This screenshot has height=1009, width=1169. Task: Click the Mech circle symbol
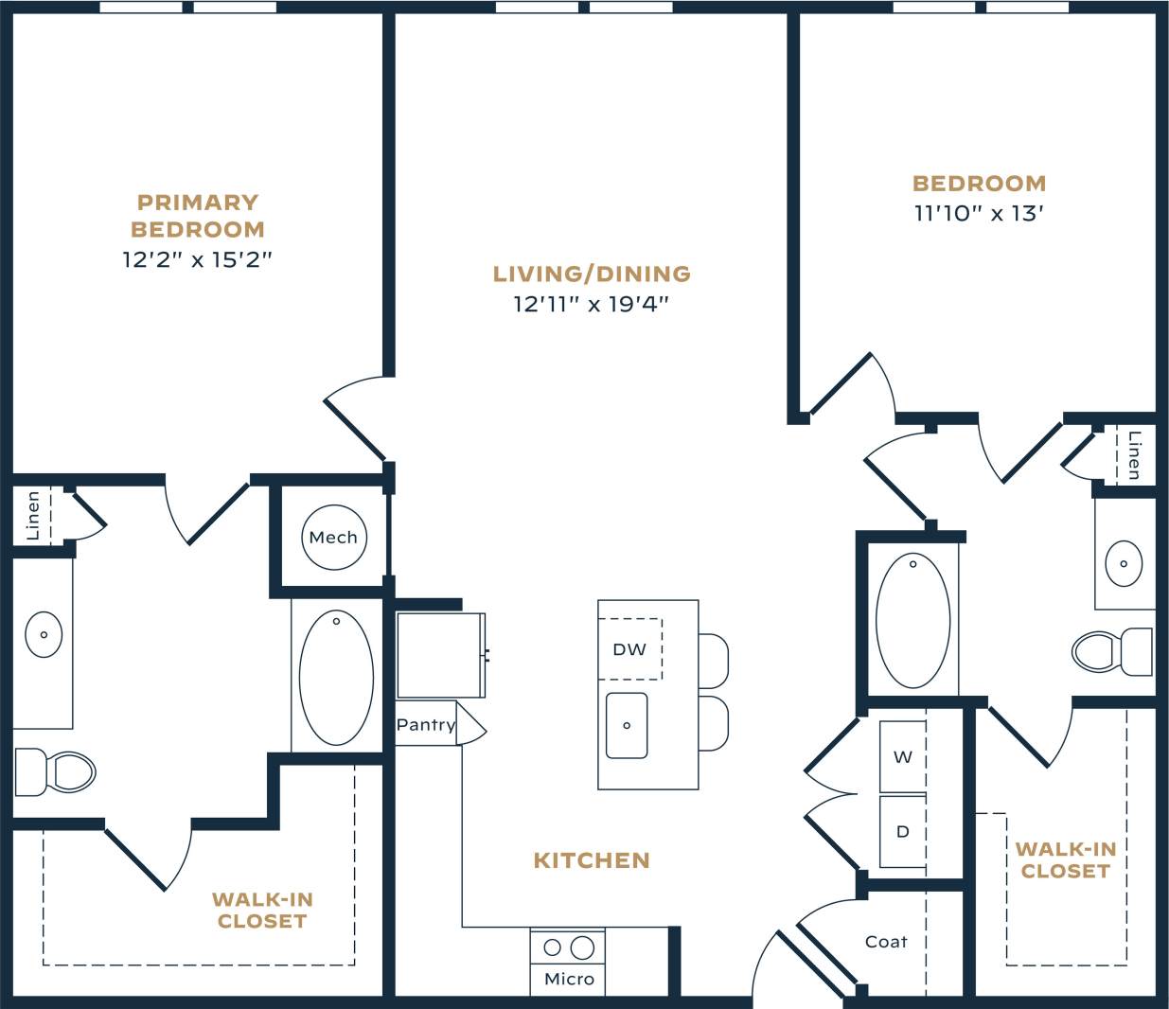[x=333, y=538]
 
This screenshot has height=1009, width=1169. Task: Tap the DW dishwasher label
[x=629, y=649]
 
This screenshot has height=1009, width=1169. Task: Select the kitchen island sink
[x=627, y=725]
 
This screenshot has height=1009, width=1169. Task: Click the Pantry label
[x=426, y=724]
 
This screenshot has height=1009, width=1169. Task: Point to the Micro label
[x=569, y=979]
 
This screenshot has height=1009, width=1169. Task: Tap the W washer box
[x=903, y=756]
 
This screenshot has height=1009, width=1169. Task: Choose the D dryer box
[x=903, y=831]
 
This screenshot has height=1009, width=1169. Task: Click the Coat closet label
[x=886, y=942]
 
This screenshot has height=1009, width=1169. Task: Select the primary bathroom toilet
[x=59, y=771]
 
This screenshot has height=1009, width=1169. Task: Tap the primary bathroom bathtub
[x=336, y=678]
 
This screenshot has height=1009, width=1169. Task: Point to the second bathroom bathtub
[x=912, y=620]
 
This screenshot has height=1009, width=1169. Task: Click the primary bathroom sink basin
[x=44, y=634]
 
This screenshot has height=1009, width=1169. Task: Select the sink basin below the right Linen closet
[x=1124, y=563]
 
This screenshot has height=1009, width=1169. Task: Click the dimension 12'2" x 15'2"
[x=197, y=259]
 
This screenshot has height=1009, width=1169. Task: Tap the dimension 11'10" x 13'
[x=979, y=213]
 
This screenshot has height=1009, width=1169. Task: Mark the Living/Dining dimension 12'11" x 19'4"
[x=592, y=304]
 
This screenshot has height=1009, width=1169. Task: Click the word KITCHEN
[x=592, y=860]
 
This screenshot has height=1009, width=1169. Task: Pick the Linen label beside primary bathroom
[x=33, y=516]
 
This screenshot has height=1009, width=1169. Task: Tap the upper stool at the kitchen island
[x=714, y=661]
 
